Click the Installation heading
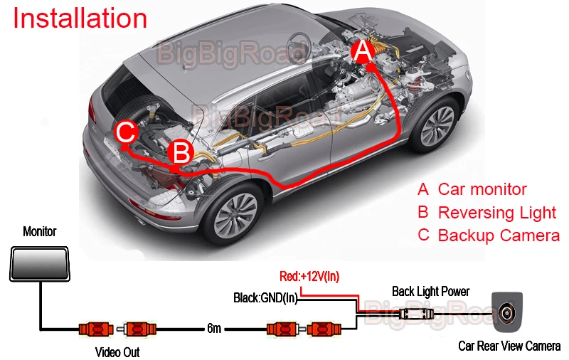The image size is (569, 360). [80, 18]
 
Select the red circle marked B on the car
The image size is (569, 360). [181, 152]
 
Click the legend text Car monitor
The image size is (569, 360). [482, 189]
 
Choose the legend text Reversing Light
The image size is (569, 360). [497, 213]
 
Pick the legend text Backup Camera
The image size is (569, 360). [499, 235]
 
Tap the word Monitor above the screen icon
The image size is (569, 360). [39, 232]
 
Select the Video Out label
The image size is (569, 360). [117, 352]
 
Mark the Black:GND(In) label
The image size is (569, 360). [265, 298]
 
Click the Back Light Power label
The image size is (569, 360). [431, 291]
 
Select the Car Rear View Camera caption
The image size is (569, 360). [509, 346]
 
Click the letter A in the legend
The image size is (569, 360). [423, 189]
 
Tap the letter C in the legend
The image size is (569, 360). [424, 235]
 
